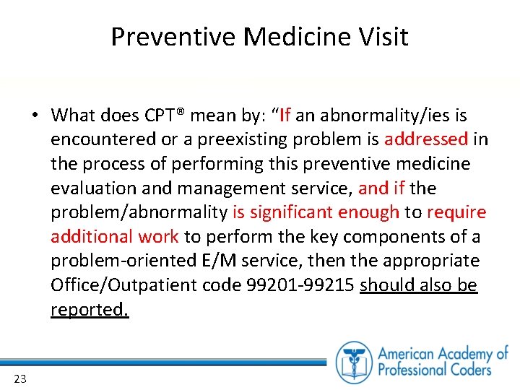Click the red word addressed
427,139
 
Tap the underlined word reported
89,310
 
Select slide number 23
19,378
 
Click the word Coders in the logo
467,369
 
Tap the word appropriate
430,261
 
